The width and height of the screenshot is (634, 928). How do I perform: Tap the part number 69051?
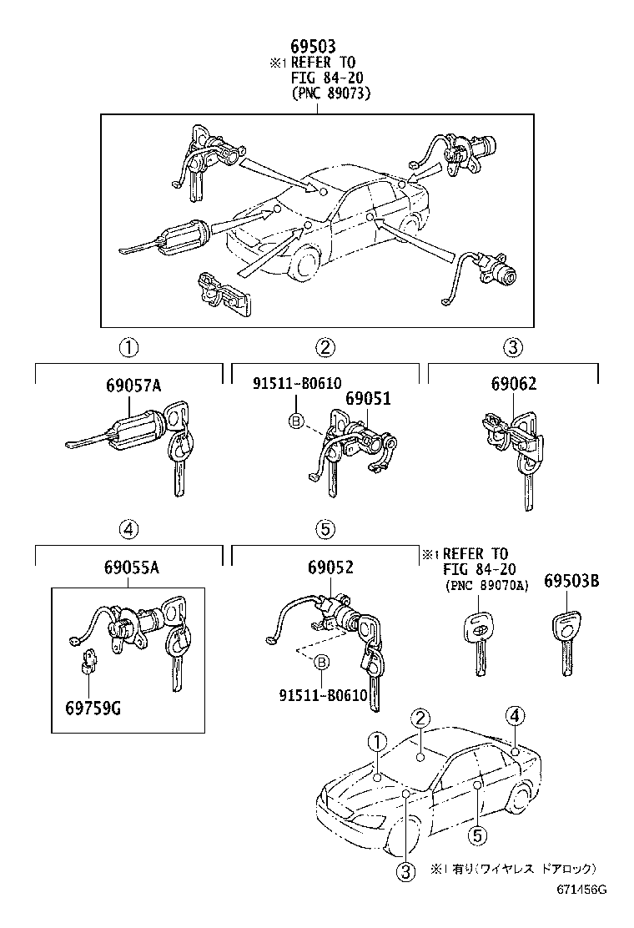click(368, 399)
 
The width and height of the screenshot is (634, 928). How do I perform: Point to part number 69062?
click(513, 385)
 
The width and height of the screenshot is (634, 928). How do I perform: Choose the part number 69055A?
click(132, 568)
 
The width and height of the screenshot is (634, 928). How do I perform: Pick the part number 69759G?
click(93, 709)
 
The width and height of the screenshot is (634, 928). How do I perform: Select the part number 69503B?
click(571, 581)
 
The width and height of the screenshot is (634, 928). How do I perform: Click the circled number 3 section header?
click(512, 348)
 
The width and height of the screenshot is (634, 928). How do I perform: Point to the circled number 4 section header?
click(128, 528)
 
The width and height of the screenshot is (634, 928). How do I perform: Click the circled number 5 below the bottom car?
click(476, 834)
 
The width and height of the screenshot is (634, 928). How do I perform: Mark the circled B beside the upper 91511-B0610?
click(294, 422)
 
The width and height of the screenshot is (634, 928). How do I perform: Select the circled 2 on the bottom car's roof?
click(421, 719)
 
